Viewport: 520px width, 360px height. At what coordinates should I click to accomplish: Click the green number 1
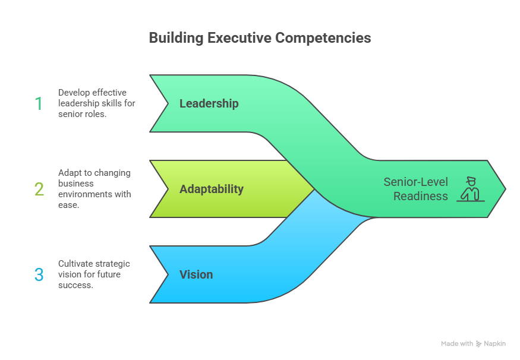(39, 104)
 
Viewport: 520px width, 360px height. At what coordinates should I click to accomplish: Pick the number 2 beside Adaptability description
(39, 190)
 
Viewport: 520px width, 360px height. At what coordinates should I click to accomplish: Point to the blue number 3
(39, 275)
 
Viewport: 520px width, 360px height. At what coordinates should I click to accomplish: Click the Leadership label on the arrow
(209, 104)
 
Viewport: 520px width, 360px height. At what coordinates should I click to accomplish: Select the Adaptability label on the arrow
(211, 190)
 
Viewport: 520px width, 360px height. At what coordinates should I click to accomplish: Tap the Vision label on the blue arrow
(196, 275)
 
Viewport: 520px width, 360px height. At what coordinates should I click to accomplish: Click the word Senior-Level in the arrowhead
(415, 182)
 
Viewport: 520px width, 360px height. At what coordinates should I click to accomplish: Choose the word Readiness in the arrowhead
(420, 196)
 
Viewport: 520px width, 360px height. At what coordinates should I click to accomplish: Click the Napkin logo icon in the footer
(479, 344)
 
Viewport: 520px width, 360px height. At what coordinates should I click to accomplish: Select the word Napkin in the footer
(495, 344)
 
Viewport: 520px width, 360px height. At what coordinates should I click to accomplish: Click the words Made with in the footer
(457, 344)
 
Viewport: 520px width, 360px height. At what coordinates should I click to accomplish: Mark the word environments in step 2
(83, 194)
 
